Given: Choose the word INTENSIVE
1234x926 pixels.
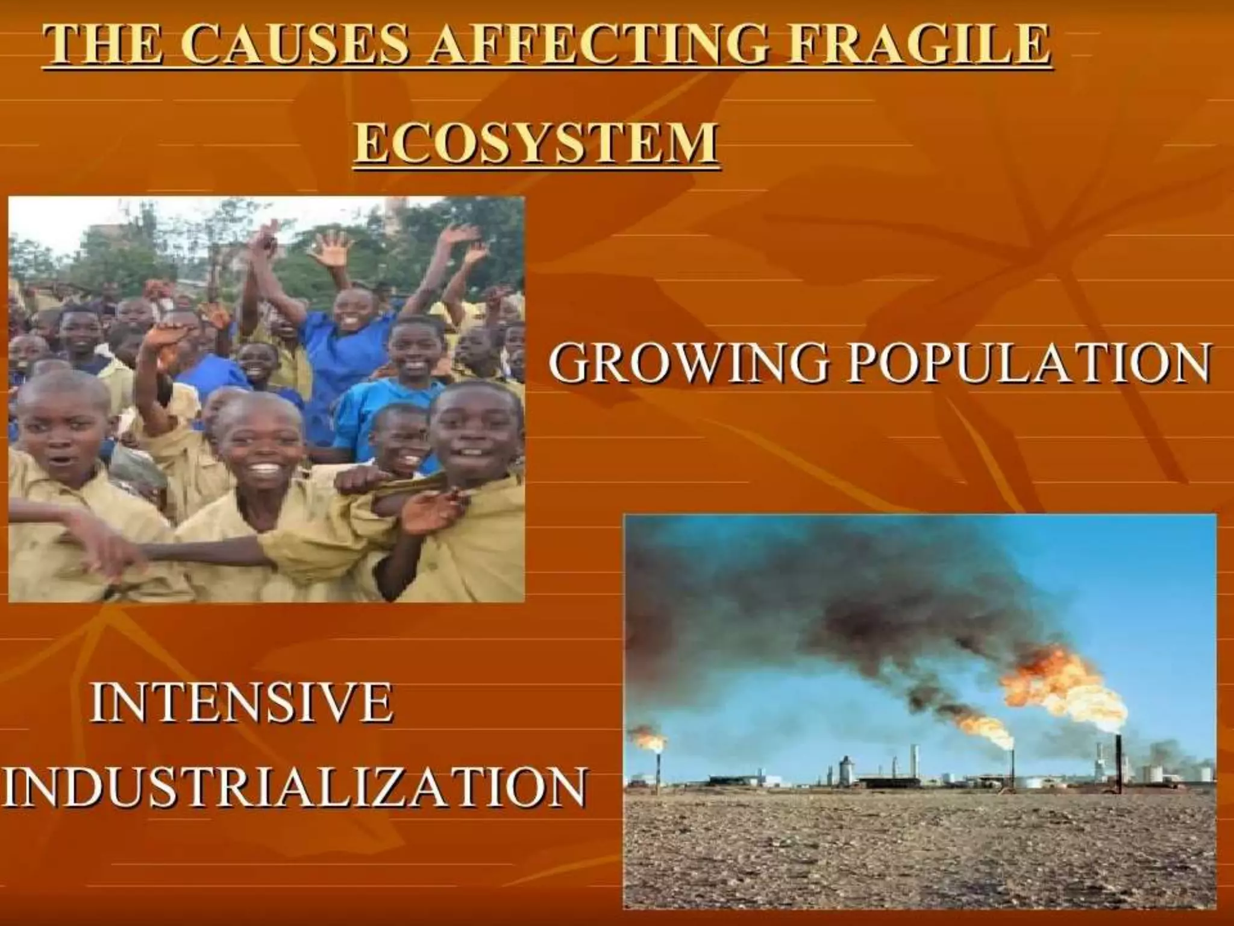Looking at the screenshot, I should (242, 702).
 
